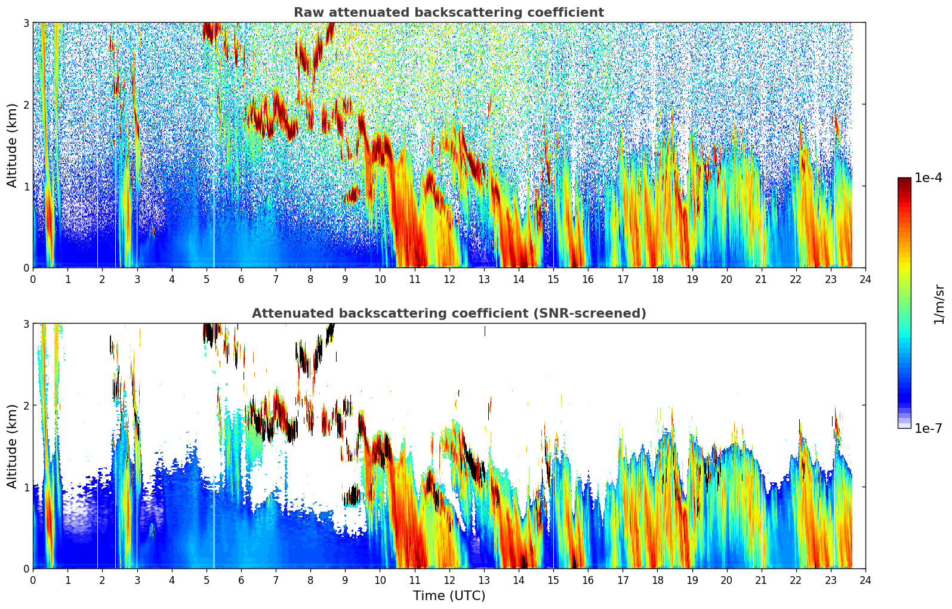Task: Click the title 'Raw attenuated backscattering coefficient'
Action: click(x=448, y=13)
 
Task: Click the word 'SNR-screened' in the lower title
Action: click(x=599, y=313)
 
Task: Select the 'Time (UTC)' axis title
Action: click(x=449, y=596)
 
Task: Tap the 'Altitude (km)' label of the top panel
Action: click(x=12, y=145)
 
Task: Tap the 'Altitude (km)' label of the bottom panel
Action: click(x=12, y=446)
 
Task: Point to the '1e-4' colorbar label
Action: click(x=928, y=178)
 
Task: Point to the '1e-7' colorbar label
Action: click(x=928, y=428)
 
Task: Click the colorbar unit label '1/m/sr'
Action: click(x=939, y=303)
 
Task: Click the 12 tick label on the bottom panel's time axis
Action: click(x=449, y=580)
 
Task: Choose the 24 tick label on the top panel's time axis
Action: click(x=865, y=279)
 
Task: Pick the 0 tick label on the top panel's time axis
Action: click(x=33, y=279)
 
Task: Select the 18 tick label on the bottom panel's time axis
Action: click(x=657, y=580)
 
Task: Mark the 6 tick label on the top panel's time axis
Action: click(x=241, y=279)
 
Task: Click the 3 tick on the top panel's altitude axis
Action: click(x=26, y=23)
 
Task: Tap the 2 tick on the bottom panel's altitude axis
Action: click(x=26, y=405)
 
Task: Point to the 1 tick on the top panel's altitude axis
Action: click(x=26, y=186)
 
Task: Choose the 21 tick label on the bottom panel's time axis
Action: click(x=761, y=580)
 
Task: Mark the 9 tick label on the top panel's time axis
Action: click(x=345, y=279)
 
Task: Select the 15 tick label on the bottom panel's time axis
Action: click(x=553, y=580)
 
